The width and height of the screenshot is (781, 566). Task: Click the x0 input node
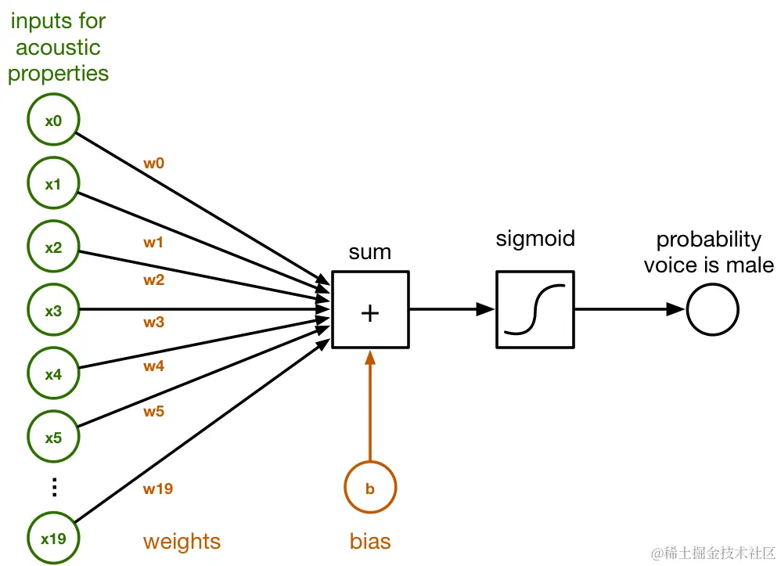[x=53, y=121]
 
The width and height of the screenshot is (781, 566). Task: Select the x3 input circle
[x=53, y=310]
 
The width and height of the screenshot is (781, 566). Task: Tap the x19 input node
[x=53, y=538]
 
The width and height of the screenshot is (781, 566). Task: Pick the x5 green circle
[x=53, y=437]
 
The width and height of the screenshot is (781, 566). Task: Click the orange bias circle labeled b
[x=370, y=488]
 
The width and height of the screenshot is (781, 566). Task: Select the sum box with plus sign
[x=370, y=310]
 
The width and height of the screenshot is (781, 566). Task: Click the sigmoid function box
[x=535, y=310]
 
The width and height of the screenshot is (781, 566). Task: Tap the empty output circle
[x=713, y=310]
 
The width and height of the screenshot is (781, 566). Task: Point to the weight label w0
[x=154, y=164]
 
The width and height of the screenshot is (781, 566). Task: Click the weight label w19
[x=157, y=489]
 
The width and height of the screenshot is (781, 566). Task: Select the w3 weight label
[x=154, y=322]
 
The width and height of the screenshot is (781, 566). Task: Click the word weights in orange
[x=182, y=542]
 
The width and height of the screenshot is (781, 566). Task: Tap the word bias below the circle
[x=370, y=542]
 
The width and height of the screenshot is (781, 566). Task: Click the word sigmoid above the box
[x=535, y=239]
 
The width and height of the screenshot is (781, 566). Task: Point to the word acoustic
[x=58, y=49]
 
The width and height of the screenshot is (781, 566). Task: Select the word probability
[x=708, y=240]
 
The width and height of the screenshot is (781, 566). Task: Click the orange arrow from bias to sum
[x=370, y=407]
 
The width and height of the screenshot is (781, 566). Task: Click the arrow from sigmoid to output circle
[x=630, y=310]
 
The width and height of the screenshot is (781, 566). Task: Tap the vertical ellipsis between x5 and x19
[x=54, y=487]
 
